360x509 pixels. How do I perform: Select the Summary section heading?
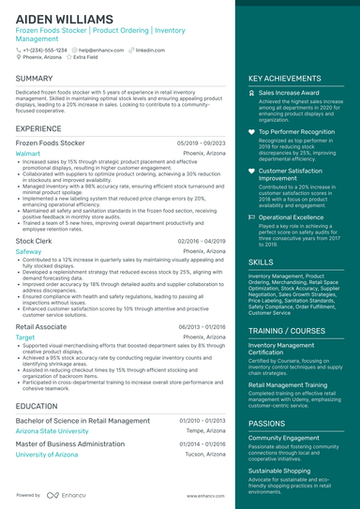click(35, 79)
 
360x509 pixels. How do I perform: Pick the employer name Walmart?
click(28, 152)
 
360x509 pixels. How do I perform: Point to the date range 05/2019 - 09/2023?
click(201, 142)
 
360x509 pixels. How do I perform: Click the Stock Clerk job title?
click(34, 242)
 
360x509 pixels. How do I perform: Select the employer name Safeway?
click(29, 252)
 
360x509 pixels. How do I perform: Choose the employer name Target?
click(25, 337)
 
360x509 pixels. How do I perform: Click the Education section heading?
click(37, 406)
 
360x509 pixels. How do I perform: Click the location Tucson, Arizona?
click(204, 455)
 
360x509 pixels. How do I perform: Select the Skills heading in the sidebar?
click(262, 262)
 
